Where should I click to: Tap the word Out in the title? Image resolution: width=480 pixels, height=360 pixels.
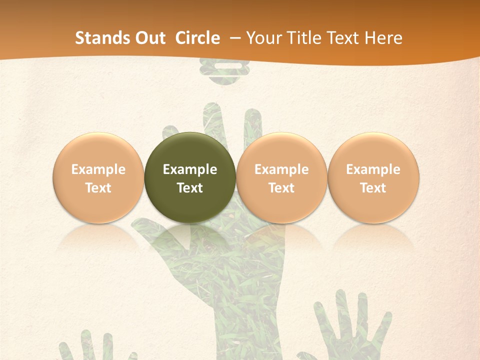pyautogui.click(x=148, y=38)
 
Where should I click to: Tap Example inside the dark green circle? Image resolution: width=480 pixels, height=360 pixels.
pyautogui.click(x=190, y=169)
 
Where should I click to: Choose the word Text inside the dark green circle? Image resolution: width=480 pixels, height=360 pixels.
pyautogui.click(x=190, y=188)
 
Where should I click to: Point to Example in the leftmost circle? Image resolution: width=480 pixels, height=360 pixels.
pyautogui.click(x=98, y=169)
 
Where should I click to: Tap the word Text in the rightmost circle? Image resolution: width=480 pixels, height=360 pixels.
pyautogui.click(x=373, y=188)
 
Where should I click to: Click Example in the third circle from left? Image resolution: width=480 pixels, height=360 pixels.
pyautogui.click(x=281, y=169)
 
